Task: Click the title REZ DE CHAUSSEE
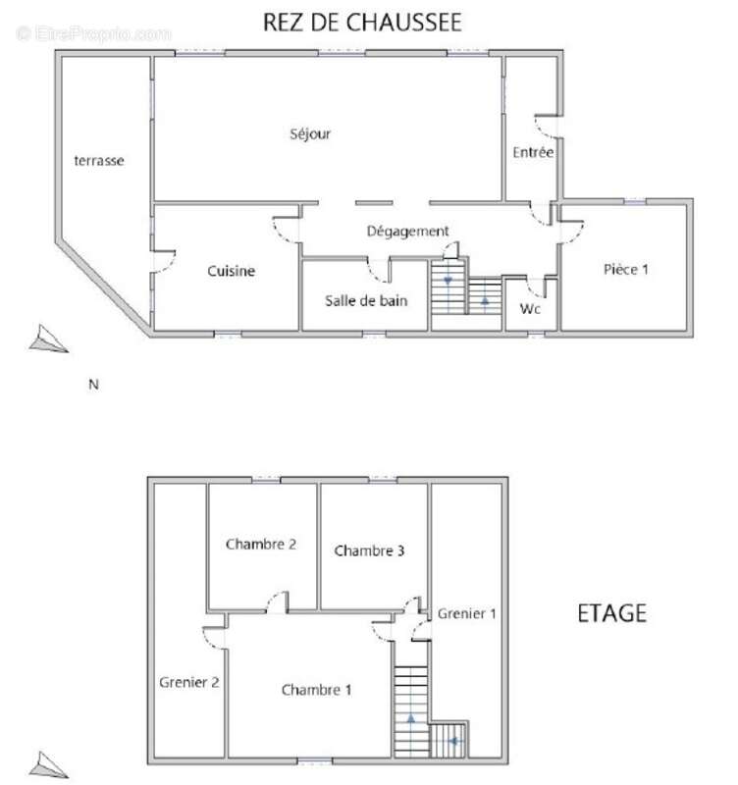[362, 22]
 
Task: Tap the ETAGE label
[610, 613]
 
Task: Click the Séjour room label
[310, 134]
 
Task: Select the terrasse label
[99, 160]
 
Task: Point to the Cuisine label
[232, 271]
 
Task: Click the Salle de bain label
[366, 300]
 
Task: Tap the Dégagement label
[407, 231]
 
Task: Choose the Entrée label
[533, 153]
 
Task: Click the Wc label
[531, 307]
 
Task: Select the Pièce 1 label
[624, 269]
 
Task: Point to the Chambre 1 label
[316, 690]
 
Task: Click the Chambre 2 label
[261, 544]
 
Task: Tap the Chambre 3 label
[369, 550]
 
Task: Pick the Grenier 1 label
[467, 613]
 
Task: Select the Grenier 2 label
[188, 681]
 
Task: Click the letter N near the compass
[94, 385]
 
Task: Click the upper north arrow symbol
[47, 340]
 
